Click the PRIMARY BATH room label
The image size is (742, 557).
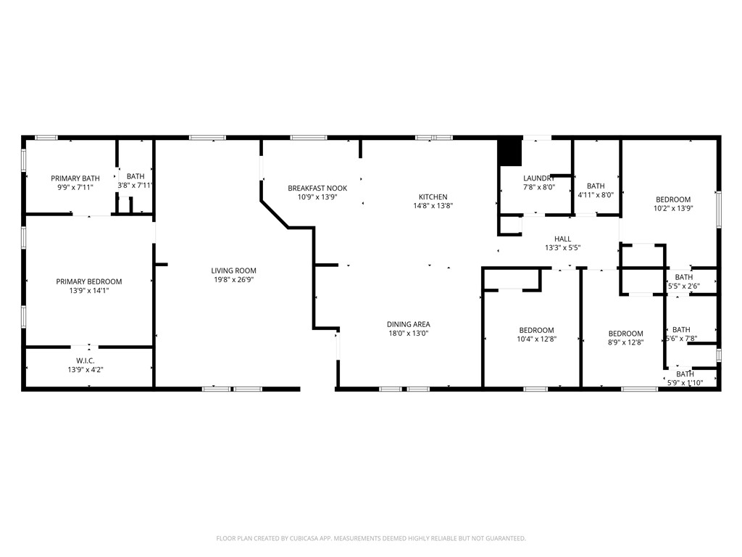coord(75,178)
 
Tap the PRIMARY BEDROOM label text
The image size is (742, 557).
coord(89,281)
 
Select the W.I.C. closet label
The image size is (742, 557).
coord(86,360)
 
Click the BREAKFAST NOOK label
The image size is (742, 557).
coord(317,188)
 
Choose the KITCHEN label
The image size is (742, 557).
coord(433,197)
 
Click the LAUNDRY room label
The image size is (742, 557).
coord(539,178)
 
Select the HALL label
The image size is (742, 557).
coord(562,239)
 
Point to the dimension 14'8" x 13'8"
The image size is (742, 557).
coord(433,205)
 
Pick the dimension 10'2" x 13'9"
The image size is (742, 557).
coord(673,208)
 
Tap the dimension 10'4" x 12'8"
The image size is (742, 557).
coord(536,339)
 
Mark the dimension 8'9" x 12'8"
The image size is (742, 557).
coord(625,342)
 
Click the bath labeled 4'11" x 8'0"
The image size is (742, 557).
coord(596,190)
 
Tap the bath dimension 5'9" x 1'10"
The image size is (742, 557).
coord(685,383)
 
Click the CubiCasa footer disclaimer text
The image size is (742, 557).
coord(371,538)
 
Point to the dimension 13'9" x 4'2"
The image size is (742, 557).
coord(86,369)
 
